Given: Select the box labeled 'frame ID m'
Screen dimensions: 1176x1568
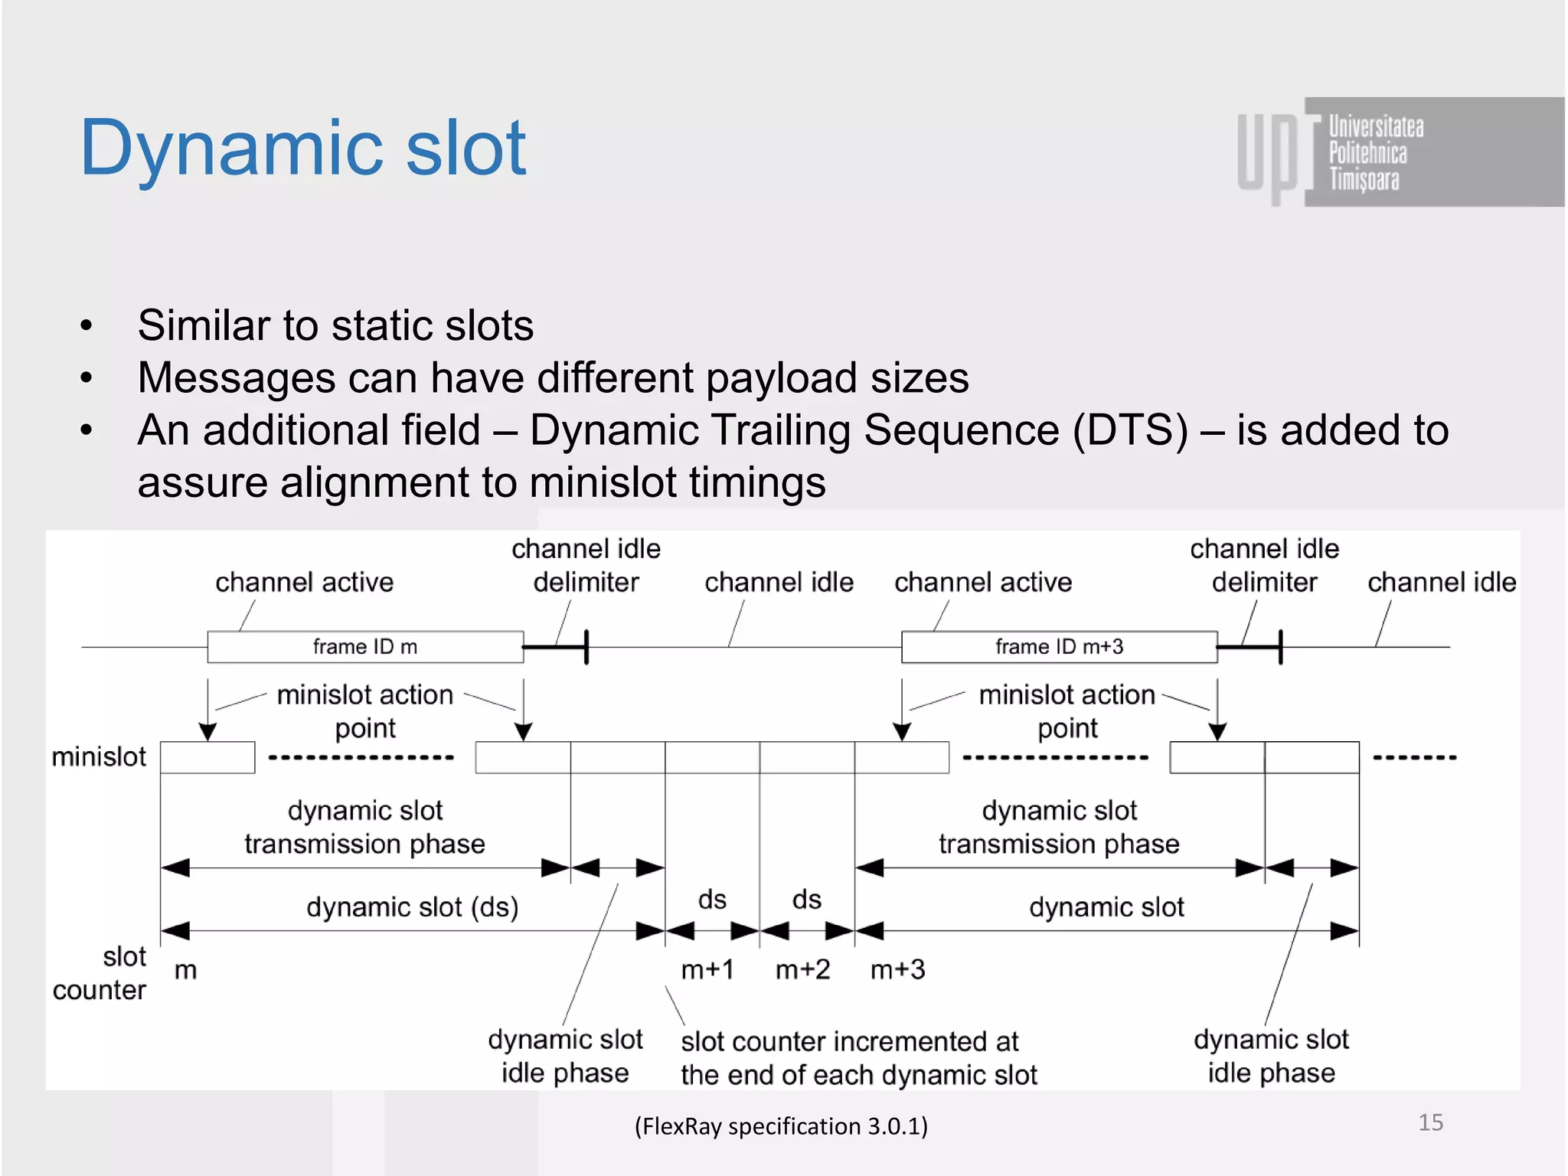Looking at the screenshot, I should [x=365, y=647].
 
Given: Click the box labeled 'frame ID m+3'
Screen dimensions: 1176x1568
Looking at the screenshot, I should [x=1059, y=647].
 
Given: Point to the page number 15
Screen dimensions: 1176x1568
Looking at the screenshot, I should [x=1430, y=1122].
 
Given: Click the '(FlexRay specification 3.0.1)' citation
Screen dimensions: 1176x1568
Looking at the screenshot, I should [x=781, y=1126].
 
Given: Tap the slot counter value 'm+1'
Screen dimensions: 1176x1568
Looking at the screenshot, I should [x=707, y=970].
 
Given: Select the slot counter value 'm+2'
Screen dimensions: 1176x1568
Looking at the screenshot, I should [x=802, y=970].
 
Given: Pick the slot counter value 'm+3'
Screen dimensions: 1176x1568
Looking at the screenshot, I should [x=897, y=970].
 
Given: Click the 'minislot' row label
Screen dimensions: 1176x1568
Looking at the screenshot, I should [x=99, y=756].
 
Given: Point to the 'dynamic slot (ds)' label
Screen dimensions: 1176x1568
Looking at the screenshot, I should [x=413, y=907].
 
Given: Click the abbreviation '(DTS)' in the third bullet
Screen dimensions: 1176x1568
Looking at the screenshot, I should [x=1130, y=430].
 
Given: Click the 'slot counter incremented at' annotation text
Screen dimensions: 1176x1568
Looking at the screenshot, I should [x=850, y=1042].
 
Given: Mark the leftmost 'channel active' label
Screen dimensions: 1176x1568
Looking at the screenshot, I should [x=304, y=583].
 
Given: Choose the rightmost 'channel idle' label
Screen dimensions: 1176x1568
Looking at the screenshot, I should [x=1442, y=583].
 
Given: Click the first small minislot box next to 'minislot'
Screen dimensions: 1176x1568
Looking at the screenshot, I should [x=207, y=757].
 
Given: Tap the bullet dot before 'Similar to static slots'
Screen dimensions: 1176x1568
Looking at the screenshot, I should [x=87, y=325].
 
